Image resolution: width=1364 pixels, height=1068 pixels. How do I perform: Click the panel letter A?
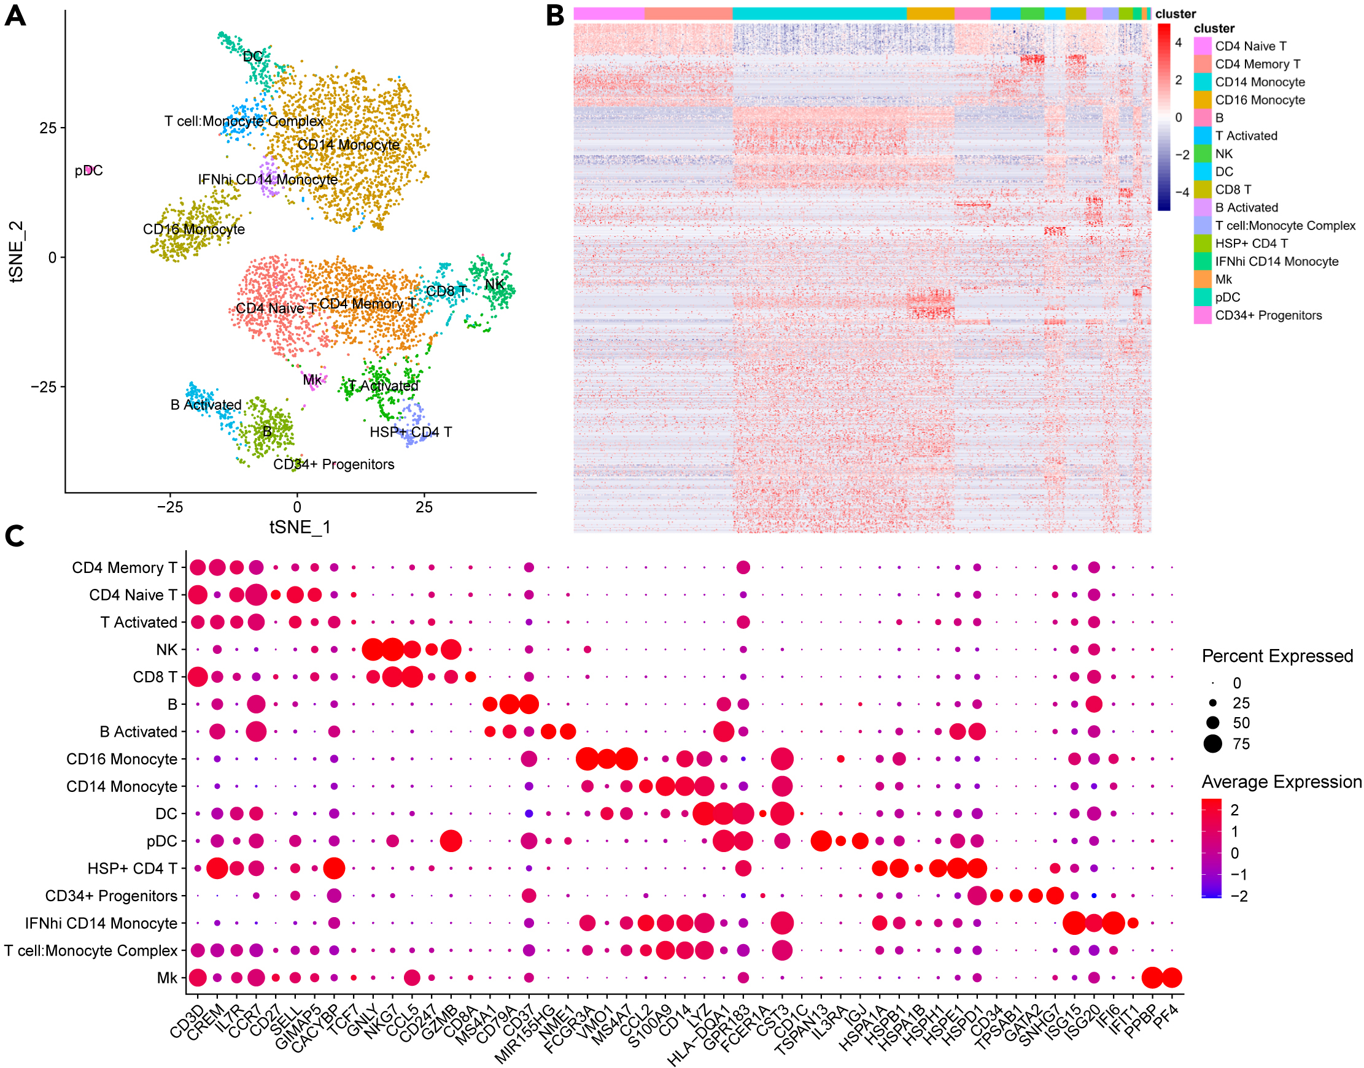[15, 15]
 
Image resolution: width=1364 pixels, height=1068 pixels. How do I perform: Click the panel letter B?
[555, 15]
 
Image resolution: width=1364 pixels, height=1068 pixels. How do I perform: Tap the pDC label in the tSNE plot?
[88, 171]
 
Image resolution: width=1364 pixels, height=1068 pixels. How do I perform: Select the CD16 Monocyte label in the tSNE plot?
[193, 229]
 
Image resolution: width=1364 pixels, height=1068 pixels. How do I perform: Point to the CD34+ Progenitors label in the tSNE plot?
[333, 464]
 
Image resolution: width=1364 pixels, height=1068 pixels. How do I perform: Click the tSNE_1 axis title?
[300, 527]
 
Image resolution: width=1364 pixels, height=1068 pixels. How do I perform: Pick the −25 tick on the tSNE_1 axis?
[169, 507]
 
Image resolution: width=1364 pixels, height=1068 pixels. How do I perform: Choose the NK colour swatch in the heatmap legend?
[1202, 154]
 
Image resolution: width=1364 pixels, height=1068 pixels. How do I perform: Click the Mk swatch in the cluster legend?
[1202, 280]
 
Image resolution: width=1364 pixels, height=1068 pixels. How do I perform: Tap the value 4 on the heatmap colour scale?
[1178, 42]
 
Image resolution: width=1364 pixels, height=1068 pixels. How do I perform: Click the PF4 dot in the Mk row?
[1171, 977]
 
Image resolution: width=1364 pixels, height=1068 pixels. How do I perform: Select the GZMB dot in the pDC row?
[451, 841]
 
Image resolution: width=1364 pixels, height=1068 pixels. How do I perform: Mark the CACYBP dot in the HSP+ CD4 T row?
[334, 868]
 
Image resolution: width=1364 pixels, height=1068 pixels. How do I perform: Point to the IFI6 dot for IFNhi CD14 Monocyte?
[1113, 923]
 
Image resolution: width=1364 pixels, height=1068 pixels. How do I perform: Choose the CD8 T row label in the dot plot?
[155, 677]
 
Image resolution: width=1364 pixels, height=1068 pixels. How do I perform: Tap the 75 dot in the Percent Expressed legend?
[1212, 743]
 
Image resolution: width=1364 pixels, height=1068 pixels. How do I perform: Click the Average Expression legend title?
[1281, 782]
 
